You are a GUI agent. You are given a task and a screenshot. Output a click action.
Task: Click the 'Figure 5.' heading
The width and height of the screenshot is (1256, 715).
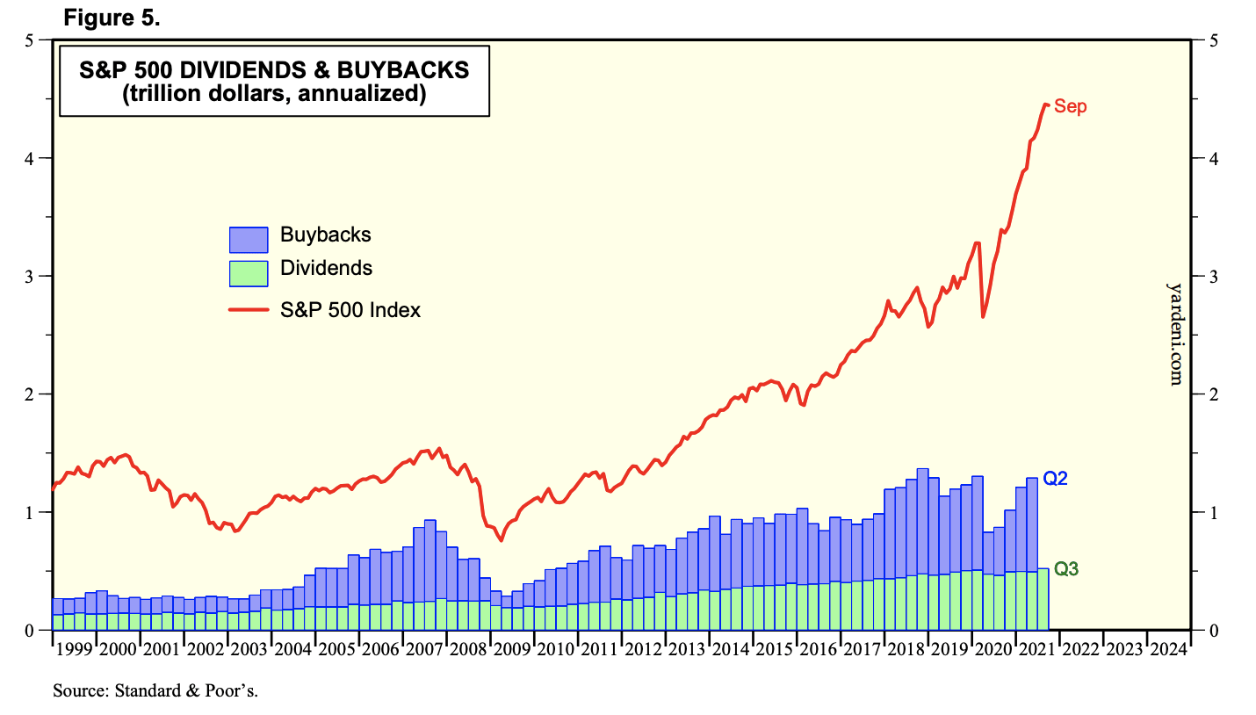point(112,18)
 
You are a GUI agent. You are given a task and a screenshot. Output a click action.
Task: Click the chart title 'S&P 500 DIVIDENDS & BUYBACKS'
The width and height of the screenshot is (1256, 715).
point(273,70)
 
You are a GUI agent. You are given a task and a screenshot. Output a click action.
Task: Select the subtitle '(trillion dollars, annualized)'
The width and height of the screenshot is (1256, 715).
point(273,93)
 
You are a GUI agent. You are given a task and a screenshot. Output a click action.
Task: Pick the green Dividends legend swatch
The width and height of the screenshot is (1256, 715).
point(248,272)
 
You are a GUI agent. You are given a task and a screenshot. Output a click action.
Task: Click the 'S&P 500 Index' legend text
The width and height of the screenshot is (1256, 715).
point(350,310)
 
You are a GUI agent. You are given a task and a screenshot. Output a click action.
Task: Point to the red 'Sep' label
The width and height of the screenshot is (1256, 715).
point(1070,106)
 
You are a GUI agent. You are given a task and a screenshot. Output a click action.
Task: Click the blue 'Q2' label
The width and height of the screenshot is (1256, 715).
point(1055,479)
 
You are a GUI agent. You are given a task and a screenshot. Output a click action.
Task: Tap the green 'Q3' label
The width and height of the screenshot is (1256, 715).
point(1066,569)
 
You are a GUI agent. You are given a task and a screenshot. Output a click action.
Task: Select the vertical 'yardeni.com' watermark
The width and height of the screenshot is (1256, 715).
point(1175,334)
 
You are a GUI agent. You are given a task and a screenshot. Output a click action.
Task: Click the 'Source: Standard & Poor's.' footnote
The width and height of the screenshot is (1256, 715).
point(155,690)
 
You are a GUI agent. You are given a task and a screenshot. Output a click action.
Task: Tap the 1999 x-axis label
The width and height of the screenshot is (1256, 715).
point(74,650)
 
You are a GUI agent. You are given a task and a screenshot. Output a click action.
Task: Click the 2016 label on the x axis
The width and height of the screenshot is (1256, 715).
point(818,650)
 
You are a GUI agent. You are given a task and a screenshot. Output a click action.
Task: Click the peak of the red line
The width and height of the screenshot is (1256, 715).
point(1045,105)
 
